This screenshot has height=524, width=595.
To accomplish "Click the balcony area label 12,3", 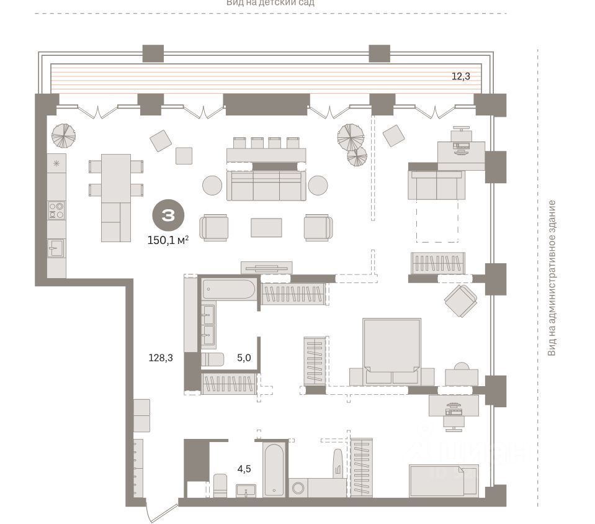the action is tap(460, 77).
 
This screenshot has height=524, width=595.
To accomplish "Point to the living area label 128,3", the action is tap(160, 358).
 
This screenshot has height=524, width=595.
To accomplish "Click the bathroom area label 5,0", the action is tap(243, 358).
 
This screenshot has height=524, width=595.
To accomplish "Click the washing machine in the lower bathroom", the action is tap(300, 487).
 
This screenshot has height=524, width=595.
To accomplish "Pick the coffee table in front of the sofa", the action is tap(266, 227).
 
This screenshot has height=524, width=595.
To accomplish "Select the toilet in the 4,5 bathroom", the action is tap(220, 485).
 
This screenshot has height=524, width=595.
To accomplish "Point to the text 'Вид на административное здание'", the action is tap(551, 278).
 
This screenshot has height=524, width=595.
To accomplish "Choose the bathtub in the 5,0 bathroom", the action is tap(228, 291).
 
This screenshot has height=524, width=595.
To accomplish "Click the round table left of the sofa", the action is tap(212, 186).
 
